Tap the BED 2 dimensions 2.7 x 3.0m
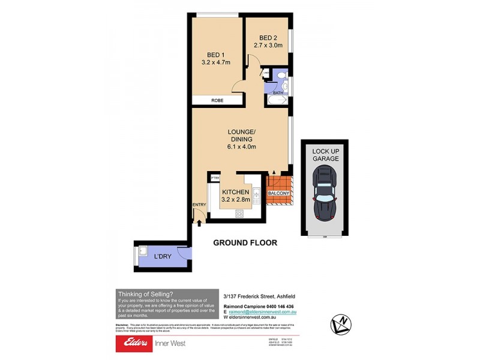click(268, 44)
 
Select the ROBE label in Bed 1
click(217, 101)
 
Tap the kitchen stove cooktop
click(239, 213)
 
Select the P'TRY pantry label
click(214, 178)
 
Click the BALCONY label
click(279, 193)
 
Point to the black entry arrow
click(199, 223)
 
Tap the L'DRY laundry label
click(161, 257)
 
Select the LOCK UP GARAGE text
click(325, 154)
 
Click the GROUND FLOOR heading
click(245, 243)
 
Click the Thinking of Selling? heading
click(146, 293)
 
